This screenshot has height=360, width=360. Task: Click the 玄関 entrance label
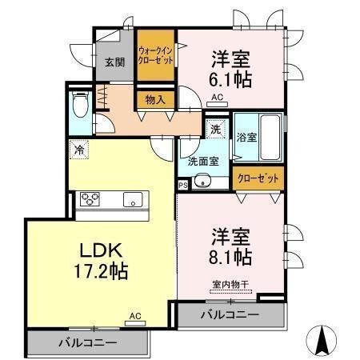point(114,62)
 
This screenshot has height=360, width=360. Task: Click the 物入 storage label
point(155,100)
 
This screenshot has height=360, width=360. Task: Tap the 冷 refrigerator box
point(80,148)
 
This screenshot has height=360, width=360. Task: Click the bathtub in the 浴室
point(270,138)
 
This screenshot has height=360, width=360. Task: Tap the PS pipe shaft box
point(183,186)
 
